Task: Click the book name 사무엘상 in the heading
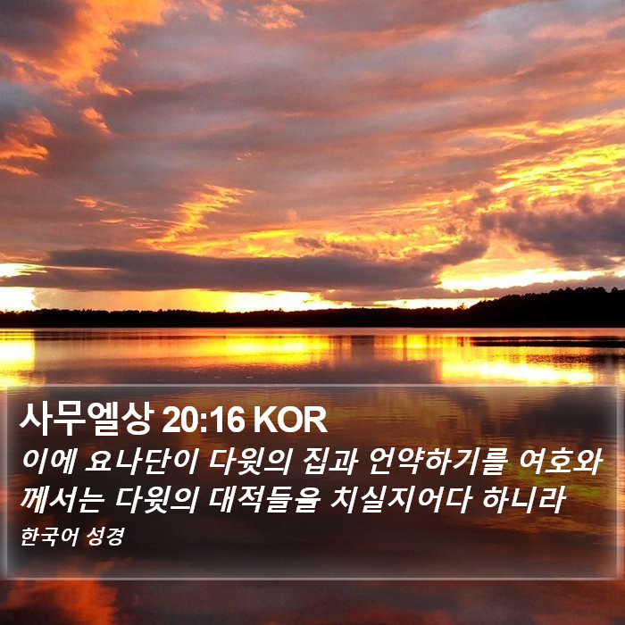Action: click(x=87, y=419)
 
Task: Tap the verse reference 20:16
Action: click(x=203, y=421)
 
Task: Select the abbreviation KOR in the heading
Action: click(x=290, y=421)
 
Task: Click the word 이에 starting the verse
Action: click(x=48, y=462)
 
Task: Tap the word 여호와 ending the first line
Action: click(x=560, y=462)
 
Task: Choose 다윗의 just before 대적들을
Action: click(x=156, y=500)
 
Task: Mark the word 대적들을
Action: click(x=264, y=500)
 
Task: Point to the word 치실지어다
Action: click(x=402, y=500)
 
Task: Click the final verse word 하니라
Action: click(x=523, y=500)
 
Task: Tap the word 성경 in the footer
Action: click(x=105, y=536)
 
